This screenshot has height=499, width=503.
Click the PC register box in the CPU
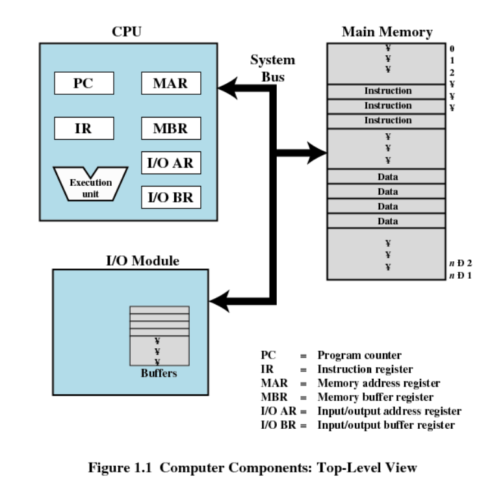coord(84,83)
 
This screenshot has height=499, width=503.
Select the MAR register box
coord(170,83)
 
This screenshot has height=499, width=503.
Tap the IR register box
coord(84,128)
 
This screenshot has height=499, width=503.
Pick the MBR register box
coord(170,128)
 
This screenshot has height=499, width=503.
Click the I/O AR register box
coord(170,162)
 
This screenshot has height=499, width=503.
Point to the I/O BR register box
coord(170,197)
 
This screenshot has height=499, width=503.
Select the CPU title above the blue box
coord(127,32)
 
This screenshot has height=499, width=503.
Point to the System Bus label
coord(273,68)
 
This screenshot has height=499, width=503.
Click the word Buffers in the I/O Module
coord(159,374)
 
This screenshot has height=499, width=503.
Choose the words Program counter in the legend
coord(359,355)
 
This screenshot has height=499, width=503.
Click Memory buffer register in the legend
coord(375,397)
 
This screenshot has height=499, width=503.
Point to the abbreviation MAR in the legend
coord(273,383)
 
